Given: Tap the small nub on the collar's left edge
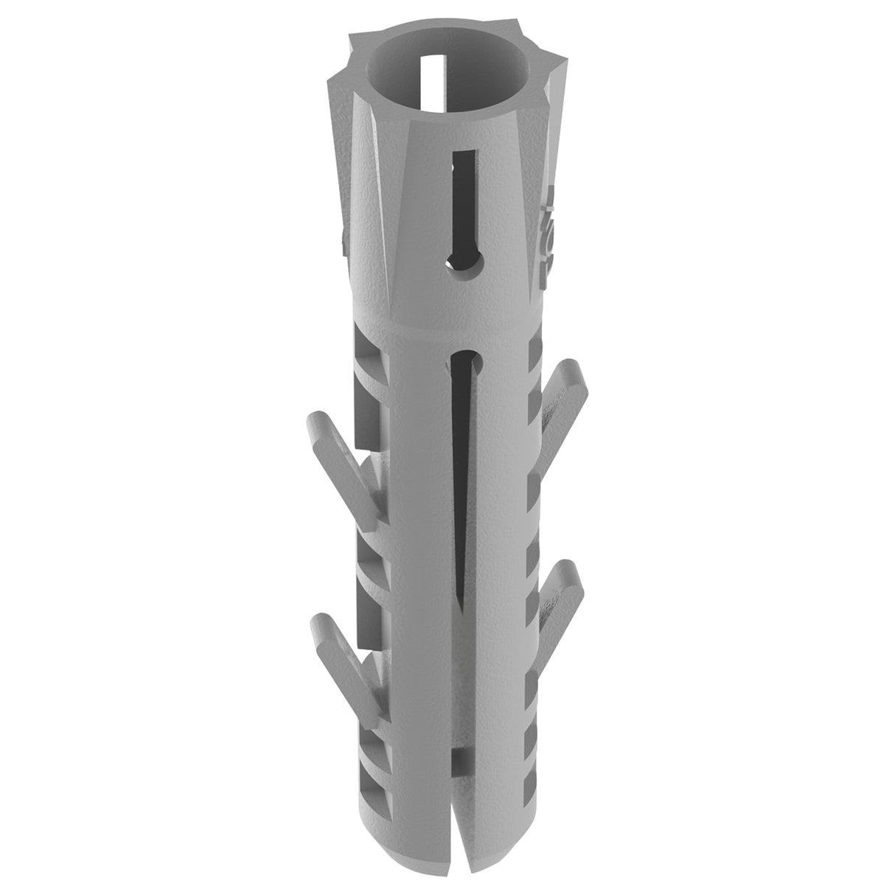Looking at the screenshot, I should pyautogui.click(x=344, y=240).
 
